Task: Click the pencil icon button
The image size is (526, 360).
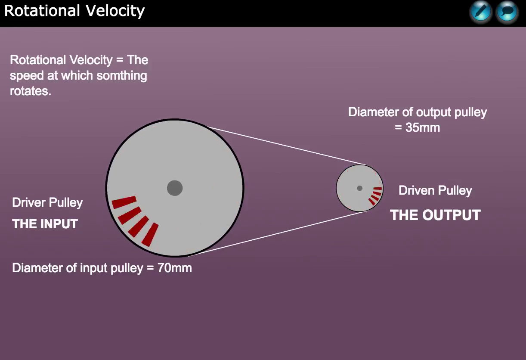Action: click(480, 12)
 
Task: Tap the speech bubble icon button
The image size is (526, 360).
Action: click(507, 12)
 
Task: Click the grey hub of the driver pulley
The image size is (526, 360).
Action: click(175, 188)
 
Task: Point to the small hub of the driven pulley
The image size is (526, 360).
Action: click(359, 188)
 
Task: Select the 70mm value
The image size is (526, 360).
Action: click(174, 268)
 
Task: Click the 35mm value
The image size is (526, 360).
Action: click(423, 127)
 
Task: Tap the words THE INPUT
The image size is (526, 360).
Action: click(45, 223)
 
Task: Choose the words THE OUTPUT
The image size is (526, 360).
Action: click(435, 215)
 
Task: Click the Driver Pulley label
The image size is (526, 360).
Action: click(47, 202)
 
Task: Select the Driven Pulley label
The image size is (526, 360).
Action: click(435, 190)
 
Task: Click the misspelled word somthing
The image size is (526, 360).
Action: click(122, 76)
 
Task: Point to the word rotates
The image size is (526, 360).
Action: click(31, 91)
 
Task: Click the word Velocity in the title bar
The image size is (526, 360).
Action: click(115, 11)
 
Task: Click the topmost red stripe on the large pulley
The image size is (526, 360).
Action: click(124, 202)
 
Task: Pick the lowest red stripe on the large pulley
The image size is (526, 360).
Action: click(150, 235)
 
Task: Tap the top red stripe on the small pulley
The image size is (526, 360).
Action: click(377, 189)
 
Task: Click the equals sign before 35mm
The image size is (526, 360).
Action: click(398, 127)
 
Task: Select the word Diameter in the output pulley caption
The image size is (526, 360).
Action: click(373, 112)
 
